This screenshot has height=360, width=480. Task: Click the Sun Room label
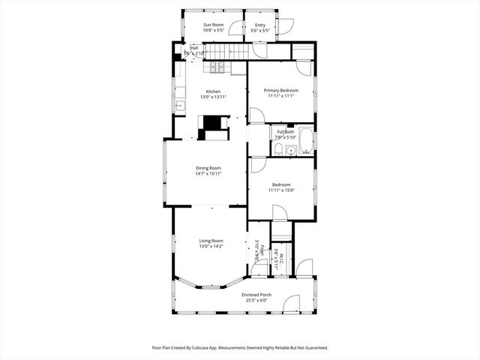214,25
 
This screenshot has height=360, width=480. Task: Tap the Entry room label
260,25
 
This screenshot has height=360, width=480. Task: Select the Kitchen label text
210,91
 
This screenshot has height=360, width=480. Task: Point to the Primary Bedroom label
281,90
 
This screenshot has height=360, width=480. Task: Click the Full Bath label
286,132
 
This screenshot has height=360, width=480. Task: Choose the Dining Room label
208,168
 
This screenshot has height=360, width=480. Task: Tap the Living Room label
211,241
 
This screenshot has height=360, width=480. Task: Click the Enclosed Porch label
256,295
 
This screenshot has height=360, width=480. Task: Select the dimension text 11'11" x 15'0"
281,190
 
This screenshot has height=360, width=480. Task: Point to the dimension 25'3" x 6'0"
256,301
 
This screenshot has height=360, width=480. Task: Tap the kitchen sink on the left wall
180,106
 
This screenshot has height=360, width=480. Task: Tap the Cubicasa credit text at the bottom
240,348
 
